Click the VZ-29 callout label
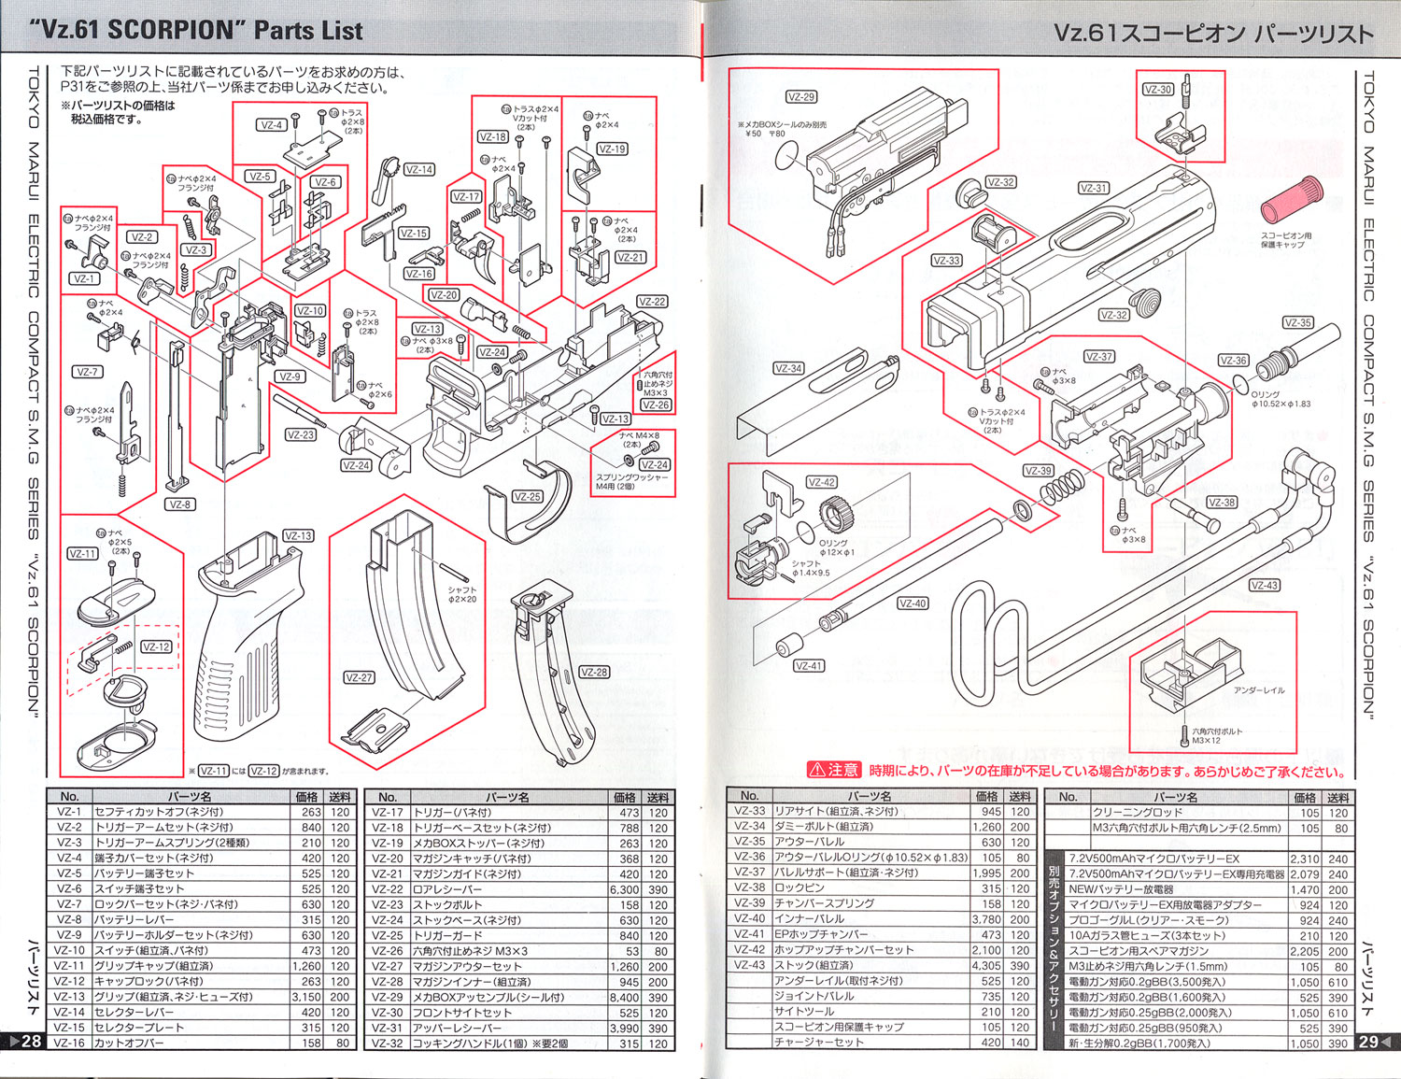801,96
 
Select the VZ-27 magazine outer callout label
359,677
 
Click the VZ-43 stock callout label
1264,585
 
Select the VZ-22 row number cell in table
387,889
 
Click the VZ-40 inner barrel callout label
913,603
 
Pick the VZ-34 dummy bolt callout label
788,368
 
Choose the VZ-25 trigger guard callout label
528,496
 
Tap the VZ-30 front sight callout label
1158,90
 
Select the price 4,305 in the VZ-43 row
986,966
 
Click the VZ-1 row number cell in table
69,813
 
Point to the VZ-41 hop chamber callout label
809,666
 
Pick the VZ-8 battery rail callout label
179,504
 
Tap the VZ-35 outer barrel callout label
1297,322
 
